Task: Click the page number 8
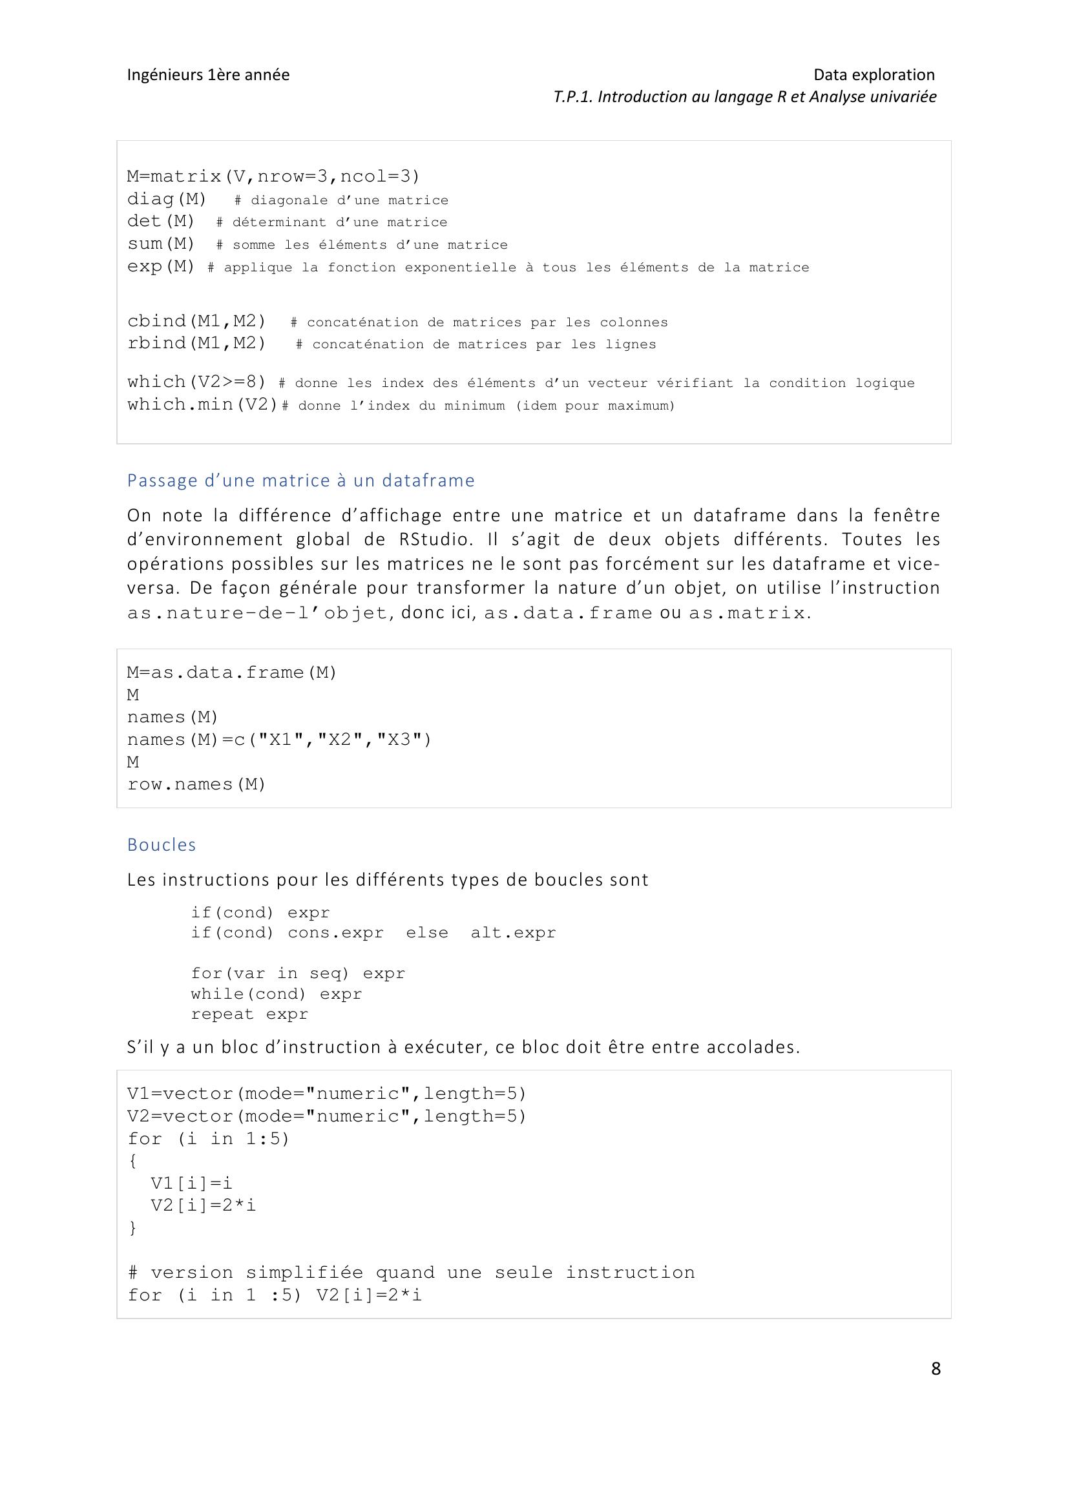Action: [x=936, y=1368]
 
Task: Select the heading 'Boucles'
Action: [x=162, y=844]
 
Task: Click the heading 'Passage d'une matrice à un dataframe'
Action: [x=300, y=481]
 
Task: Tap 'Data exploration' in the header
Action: [x=874, y=74]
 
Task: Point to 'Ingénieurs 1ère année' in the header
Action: [x=208, y=74]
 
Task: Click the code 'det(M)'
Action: [x=162, y=221]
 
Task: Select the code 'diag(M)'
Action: [x=167, y=199]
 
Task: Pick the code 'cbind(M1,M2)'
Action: [x=197, y=321]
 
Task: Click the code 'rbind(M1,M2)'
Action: [x=197, y=343]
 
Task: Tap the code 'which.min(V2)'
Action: [x=203, y=404]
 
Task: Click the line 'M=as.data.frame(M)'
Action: [x=232, y=672]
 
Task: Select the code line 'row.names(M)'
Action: [x=196, y=784]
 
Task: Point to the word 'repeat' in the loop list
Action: [x=222, y=1014]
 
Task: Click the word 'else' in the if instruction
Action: [x=427, y=933]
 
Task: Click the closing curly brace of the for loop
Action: [x=133, y=1227]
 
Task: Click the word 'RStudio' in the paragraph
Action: [x=435, y=539]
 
